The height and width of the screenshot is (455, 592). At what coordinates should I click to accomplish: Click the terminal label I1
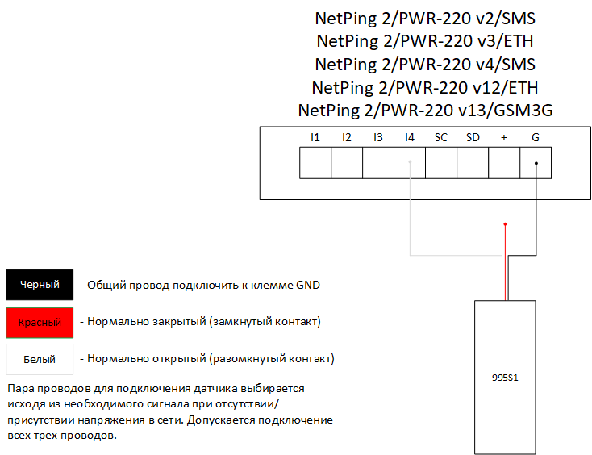point(315,138)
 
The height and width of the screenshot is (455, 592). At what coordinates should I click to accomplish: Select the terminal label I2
point(346,138)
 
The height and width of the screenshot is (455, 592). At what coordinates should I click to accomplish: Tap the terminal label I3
point(377,138)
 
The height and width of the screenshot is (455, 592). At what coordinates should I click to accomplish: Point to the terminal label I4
point(410,138)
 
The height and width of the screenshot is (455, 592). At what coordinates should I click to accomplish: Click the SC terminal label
point(441,138)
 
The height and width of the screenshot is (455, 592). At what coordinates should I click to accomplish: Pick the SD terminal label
point(473,138)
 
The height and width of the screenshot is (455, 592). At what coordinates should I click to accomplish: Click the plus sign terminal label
point(504,138)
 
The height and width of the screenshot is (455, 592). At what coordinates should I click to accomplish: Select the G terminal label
point(536,138)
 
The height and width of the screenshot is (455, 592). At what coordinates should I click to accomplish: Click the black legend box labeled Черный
point(40,285)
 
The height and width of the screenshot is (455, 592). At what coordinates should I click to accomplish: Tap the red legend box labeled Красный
point(40,322)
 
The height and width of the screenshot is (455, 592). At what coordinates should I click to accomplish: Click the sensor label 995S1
point(505,377)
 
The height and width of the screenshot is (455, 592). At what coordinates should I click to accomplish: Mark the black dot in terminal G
point(536,162)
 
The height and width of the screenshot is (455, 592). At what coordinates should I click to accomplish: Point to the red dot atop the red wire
point(506,224)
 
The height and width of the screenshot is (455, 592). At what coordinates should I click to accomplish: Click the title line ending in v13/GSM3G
point(425,110)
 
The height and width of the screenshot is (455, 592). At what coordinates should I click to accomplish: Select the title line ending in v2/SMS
point(425,18)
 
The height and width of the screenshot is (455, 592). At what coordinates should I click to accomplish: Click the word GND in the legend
point(307,285)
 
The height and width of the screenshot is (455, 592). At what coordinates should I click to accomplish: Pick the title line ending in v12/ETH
point(425,87)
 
